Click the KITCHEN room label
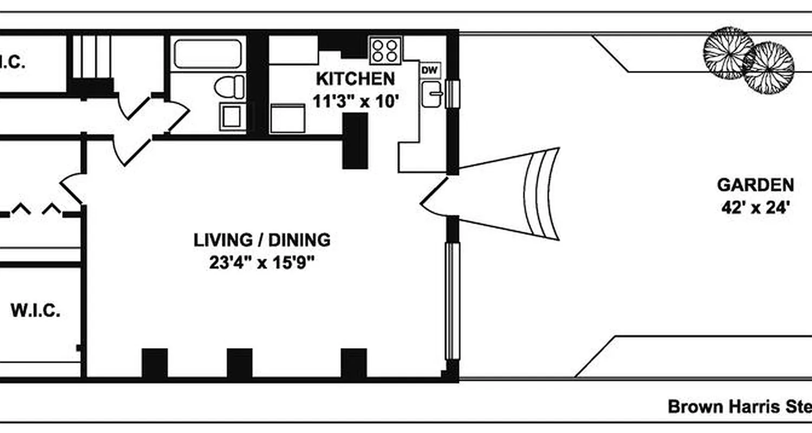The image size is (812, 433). pos(355,79)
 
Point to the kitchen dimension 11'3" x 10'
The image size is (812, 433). pos(355,101)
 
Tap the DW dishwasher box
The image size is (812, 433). pos(430,70)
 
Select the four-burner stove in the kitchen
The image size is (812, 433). pos(385,50)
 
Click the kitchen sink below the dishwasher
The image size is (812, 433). pos(431,95)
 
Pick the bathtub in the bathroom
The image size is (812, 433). pos(208,53)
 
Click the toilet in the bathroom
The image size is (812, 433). pos(230,87)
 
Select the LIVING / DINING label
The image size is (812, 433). pos(262,240)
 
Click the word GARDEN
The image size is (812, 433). pos(755,185)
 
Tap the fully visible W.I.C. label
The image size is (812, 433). pos(35,311)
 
